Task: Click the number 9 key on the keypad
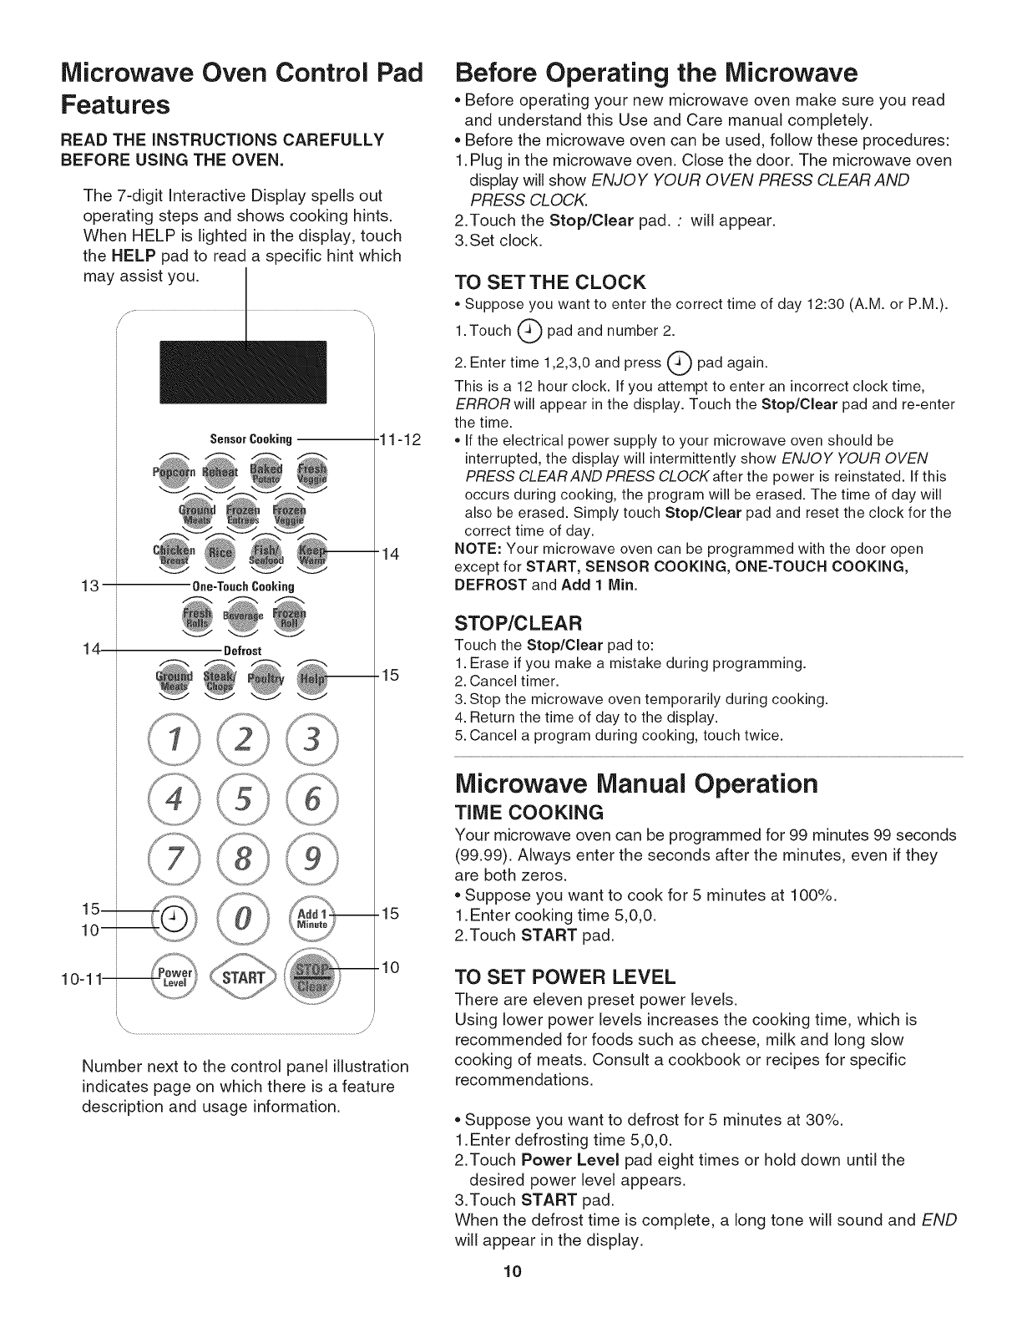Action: pos(311,860)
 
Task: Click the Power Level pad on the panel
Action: pos(177,978)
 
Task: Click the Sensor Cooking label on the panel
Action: pos(251,439)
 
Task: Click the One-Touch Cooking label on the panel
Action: pos(244,586)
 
